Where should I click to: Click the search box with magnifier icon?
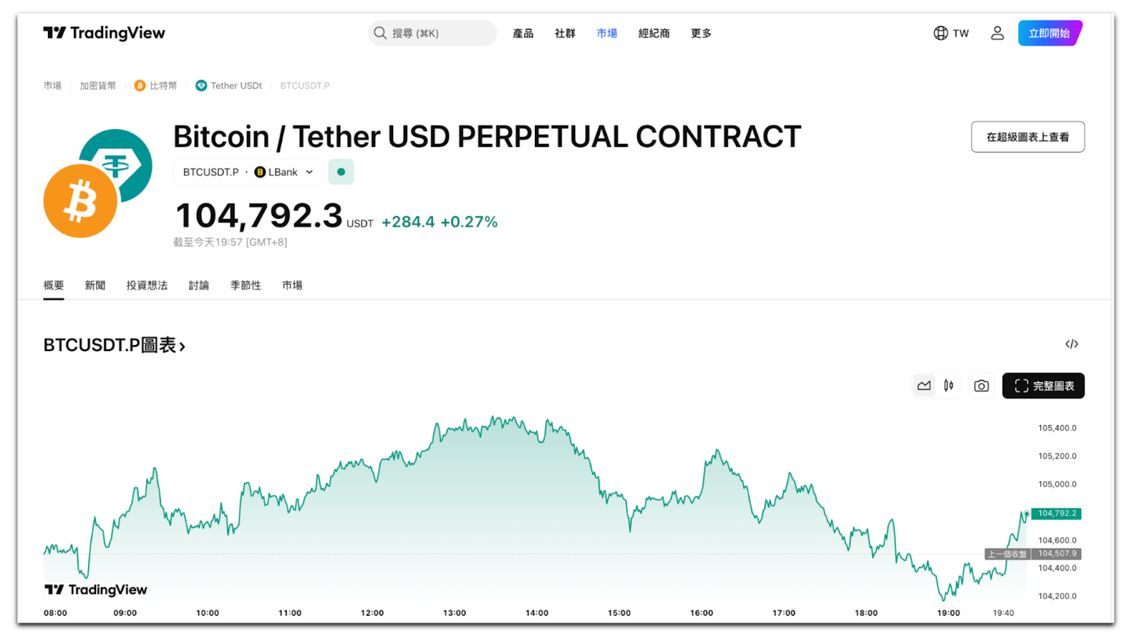[431, 33]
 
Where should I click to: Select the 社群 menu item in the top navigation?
[564, 33]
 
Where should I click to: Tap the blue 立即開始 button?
[1049, 33]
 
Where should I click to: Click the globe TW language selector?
[950, 33]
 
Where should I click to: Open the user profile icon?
[997, 33]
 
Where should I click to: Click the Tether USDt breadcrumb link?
[236, 85]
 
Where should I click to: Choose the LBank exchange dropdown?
[283, 172]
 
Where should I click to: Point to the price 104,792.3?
[258, 216]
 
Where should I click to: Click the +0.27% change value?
[469, 222]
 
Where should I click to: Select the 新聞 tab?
[95, 285]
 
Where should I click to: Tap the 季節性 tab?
[246, 285]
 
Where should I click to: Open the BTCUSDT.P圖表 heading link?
[114, 345]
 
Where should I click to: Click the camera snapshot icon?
[981, 386]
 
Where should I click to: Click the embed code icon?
[1071, 344]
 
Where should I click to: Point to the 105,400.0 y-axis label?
[1057, 428]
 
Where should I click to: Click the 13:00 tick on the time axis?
[454, 613]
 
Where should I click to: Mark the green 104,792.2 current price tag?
[1056, 513]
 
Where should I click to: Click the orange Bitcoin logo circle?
[80, 201]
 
